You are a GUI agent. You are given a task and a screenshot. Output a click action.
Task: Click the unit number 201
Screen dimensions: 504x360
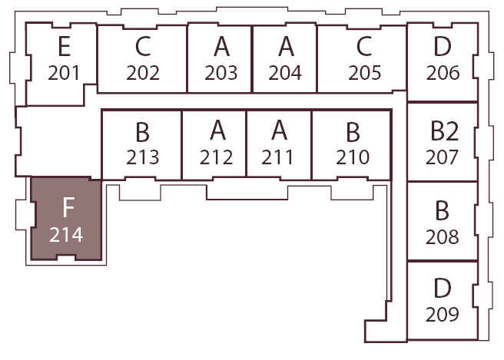click(64, 73)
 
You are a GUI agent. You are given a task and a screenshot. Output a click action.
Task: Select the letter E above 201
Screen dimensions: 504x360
click(65, 46)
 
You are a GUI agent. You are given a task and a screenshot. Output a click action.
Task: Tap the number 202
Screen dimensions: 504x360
click(143, 73)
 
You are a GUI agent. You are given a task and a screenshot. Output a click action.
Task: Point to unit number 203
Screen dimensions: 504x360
click(221, 73)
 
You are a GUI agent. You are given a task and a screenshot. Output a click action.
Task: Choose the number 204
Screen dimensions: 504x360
click(285, 73)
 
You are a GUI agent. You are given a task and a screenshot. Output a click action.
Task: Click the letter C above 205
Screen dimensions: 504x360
click(364, 46)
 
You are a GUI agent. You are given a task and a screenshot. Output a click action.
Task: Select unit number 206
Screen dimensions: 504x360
click(443, 73)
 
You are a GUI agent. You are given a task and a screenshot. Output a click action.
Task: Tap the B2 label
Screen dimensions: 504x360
click(445, 130)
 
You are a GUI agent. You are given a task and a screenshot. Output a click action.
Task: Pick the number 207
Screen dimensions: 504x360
click(442, 157)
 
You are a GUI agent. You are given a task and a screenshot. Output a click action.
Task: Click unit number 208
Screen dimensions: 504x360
click(442, 237)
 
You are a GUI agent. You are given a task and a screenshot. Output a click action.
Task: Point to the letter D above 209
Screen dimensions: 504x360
click(442, 288)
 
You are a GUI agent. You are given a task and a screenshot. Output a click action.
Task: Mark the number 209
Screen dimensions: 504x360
click(442, 315)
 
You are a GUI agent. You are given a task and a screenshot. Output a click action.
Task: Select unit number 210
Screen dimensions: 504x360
click(353, 157)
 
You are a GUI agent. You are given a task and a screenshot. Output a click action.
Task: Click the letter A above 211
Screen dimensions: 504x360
click(279, 130)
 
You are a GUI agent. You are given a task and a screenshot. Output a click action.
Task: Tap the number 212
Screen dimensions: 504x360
click(216, 157)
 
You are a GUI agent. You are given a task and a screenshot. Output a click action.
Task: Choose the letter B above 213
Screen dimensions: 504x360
click(142, 132)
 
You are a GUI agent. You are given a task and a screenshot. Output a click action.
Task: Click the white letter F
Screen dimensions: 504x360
click(68, 207)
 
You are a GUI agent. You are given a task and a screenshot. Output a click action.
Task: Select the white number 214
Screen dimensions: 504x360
click(66, 235)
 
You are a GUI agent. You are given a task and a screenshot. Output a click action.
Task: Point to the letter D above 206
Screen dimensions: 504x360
click(443, 46)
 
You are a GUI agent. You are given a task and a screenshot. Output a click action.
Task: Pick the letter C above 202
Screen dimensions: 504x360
click(143, 46)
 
